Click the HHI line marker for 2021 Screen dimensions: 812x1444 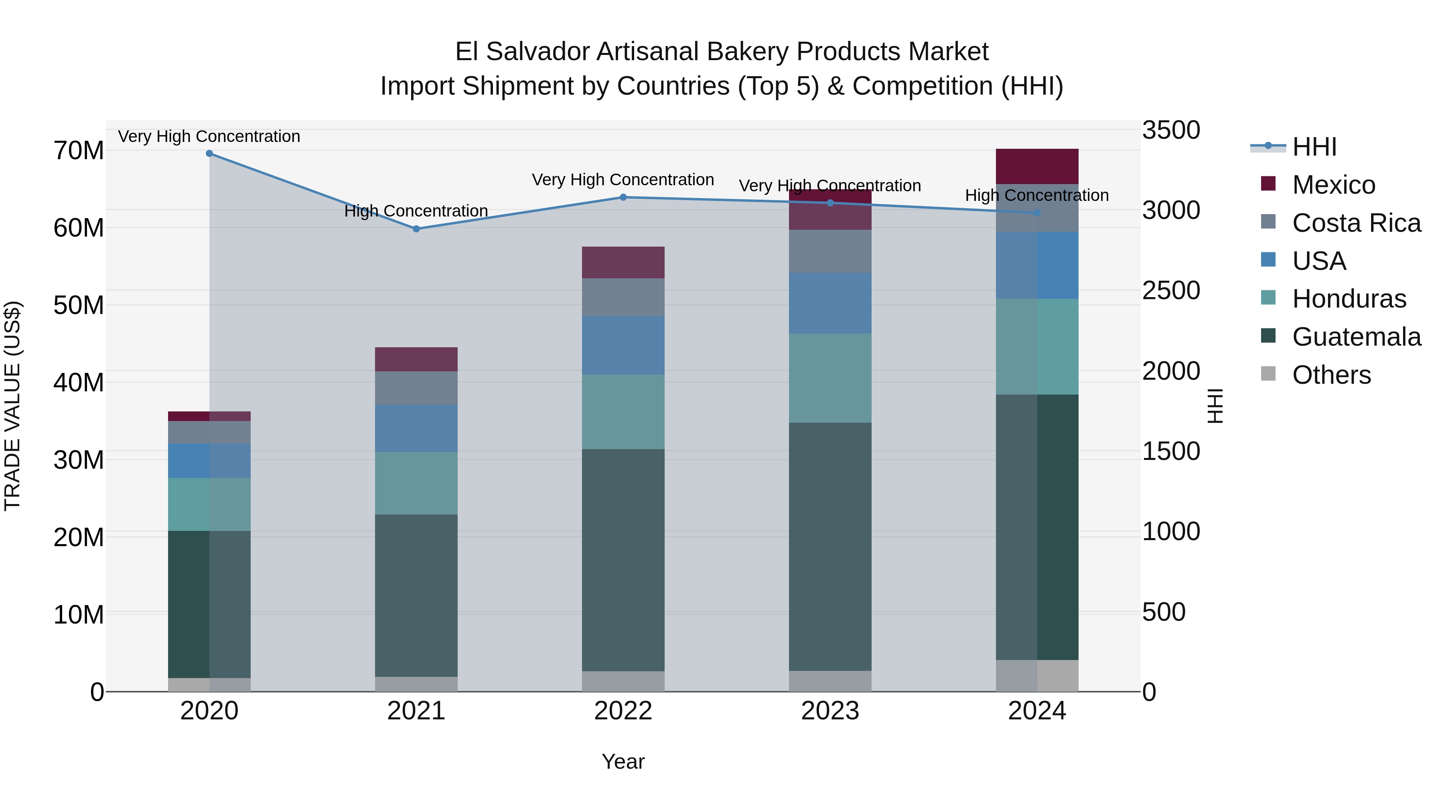pyautogui.click(x=416, y=229)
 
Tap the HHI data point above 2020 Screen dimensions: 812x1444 pyautogui.click(x=209, y=153)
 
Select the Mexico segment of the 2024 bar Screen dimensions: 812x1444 pyautogui.click(x=1037, y=166)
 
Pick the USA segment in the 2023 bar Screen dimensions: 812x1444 pyautogui.click(x=830, y=303)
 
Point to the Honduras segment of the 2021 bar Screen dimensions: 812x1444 pyautogui.click(x=416, y=483)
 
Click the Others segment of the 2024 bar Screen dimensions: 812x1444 pyautogui.click(x=1037, y=675)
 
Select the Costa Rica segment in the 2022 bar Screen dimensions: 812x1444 pyautogui.click(x=623, y=297)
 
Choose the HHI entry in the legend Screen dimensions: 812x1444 pyautogui.click(x=1314, y=147)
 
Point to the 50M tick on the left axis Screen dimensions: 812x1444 pyautogui.click(x=79, y=306)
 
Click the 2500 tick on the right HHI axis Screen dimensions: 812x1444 pyautogui.click(x=1171, y=290)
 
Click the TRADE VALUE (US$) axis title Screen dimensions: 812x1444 pyautogui.click(x=12, y=406)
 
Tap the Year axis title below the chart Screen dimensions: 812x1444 pyautogui.click(x=623, y=761)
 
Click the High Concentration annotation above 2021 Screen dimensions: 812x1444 pyautogui.click(x=416, y=211)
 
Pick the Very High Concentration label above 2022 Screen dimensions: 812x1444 pyautogui.click(x=623, y=180)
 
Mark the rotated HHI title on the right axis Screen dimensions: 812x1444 pyautogui.click(x=1215, y=406)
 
